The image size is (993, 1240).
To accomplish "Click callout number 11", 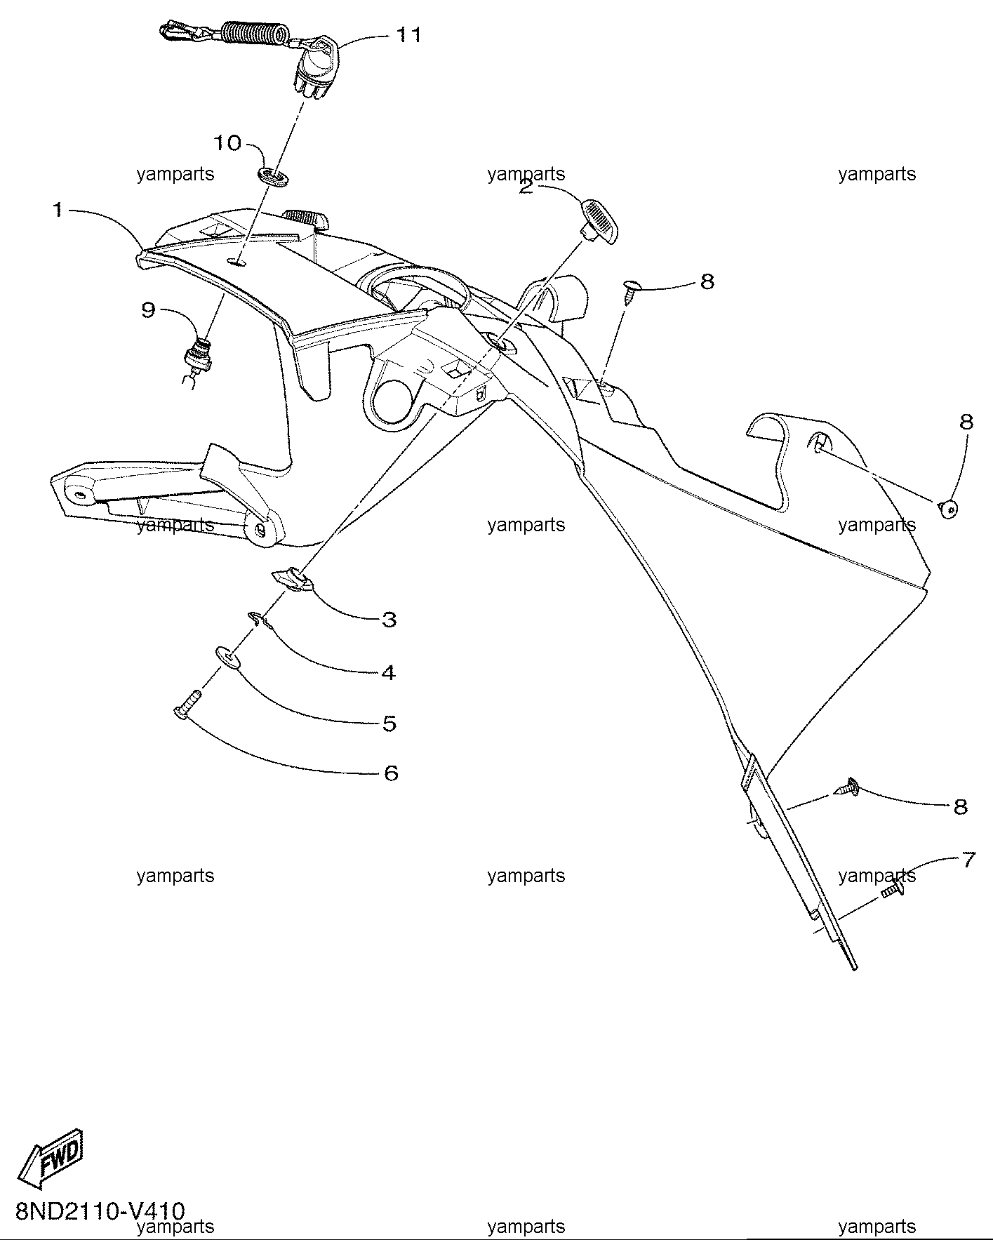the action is (x=409, y=34).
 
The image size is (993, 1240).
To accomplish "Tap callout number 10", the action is (x=227, y=143).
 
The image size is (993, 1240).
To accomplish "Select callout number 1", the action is (x=58, y=210).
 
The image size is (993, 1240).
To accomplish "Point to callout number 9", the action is (x=148, y=309).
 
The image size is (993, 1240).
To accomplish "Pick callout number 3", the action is (x=389, y=620).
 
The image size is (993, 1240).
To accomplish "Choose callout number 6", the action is (x=391, y=773).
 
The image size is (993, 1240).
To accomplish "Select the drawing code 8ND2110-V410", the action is (x=100, y=1211).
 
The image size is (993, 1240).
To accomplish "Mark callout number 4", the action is (x=389, y=672).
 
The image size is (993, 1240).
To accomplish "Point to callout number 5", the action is (x=390, y=723).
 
